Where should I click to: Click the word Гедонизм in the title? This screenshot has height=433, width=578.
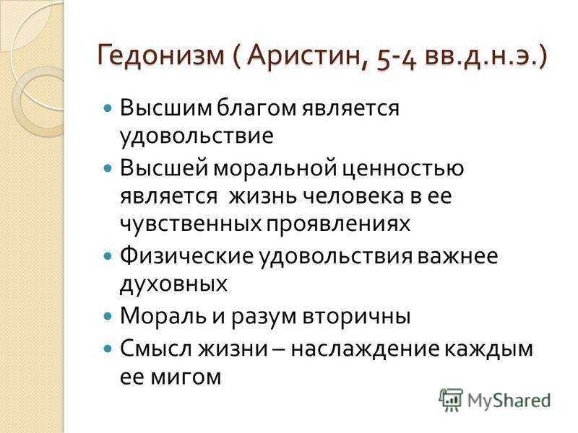coord(160,56)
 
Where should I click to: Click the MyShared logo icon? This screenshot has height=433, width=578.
coord(450,400)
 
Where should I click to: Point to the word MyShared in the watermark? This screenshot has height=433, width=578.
coord(509,400)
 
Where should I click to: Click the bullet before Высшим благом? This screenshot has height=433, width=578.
coord(108,109)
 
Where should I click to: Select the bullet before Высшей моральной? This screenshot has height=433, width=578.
coord(108,169)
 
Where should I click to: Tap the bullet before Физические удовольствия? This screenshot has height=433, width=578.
coord(108,256)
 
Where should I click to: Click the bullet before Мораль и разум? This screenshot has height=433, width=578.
coord(108,316)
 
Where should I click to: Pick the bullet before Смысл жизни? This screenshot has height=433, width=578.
coord(108,349)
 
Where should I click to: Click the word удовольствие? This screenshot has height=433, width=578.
coord(197,136)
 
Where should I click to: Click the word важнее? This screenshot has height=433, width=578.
coord(457,256)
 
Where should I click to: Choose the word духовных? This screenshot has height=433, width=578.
coord(173,284)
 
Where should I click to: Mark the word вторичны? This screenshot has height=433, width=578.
coord(356,317)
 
